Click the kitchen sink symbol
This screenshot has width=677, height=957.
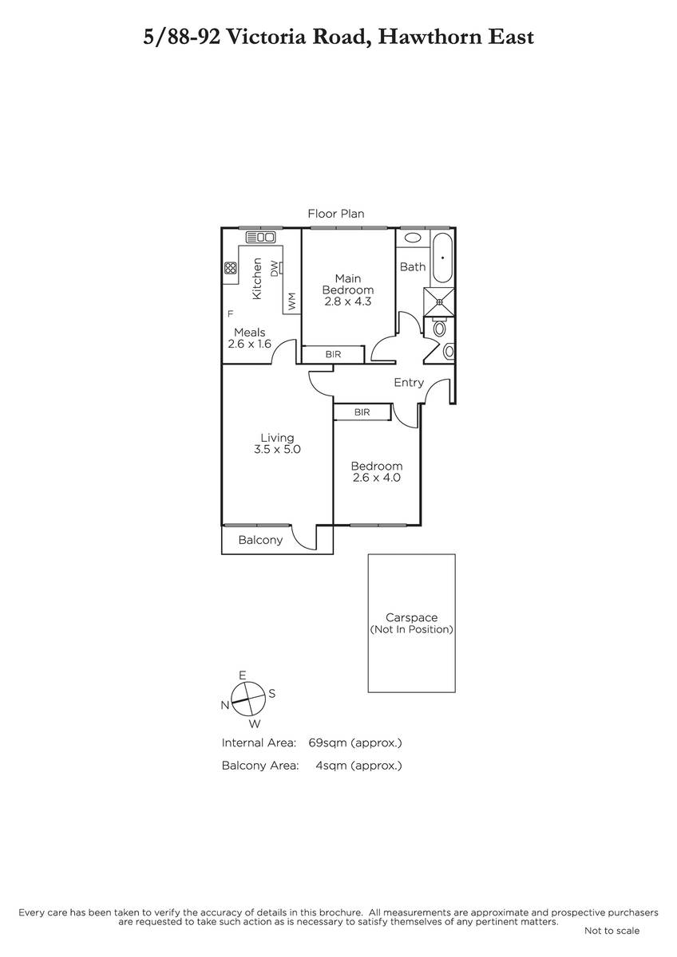(x=260, y=237)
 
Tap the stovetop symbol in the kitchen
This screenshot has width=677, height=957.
(x=231, y=268)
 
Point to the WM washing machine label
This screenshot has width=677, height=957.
(x=291, y=301)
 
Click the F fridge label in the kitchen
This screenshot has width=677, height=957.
(x=230, y=314)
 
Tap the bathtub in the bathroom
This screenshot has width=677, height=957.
(x=442, y=258)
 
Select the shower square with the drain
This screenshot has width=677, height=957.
(x=439, y=302)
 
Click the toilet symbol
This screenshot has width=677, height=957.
(x=439, y=328)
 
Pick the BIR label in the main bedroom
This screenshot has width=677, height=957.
(x=333, y=354)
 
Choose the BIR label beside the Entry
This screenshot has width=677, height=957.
(x=362, y=412)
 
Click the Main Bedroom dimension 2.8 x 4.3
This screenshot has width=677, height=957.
(x=348, y=301)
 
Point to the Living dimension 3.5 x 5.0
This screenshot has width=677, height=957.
(x=277, y=449)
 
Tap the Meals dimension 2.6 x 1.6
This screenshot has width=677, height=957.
(x=249, y=344)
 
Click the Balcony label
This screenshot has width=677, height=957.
(x=260, y=540)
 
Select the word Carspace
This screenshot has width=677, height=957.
(x=411, y=617)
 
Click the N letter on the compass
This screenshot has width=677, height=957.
(x=225, y=705)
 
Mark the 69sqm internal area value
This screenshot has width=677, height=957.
(x=327, y=742)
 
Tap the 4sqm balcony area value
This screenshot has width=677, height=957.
(x=331, y=765)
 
